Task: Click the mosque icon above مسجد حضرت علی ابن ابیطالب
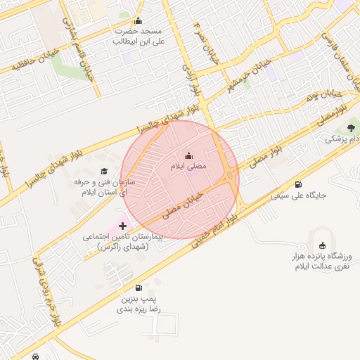138,20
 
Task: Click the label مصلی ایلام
188,167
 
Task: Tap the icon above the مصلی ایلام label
188,155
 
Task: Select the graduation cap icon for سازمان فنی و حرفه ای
104,172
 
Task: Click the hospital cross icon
124,226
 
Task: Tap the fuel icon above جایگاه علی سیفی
300,184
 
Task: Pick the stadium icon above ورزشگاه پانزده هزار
323,245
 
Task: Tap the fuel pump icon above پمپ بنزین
139,288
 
